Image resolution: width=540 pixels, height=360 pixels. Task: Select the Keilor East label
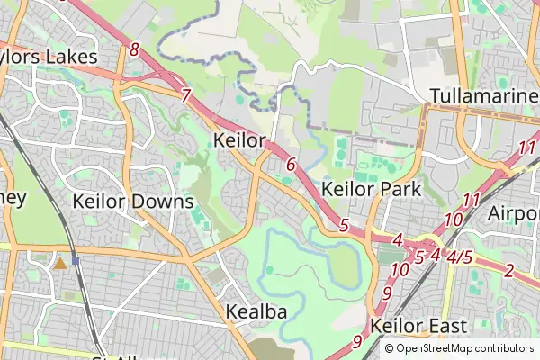(418, 326)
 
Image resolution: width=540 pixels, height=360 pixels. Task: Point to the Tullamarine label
(483, 95)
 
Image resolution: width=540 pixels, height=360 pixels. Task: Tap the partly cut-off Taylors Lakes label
(49, 57)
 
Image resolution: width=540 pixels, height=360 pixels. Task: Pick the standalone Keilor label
(240, 141)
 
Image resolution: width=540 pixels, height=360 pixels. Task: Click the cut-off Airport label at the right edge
(514, 213)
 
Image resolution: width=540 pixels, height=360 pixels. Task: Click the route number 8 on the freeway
(134, 49)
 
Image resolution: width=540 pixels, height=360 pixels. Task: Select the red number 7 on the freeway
(186, 95)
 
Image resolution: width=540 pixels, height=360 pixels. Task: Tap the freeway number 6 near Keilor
(290, 165)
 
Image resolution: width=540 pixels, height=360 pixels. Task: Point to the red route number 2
(509, 270)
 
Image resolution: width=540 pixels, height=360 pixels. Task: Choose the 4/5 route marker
(459, 256)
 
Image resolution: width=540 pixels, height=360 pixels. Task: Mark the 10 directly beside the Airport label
(454, 220)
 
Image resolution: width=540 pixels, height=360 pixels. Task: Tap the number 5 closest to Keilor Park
(344, 225)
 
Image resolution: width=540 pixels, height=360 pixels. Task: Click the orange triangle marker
(59, 263)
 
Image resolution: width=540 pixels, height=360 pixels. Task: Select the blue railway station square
(76, 261)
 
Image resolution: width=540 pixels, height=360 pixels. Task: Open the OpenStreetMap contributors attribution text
(464, 348)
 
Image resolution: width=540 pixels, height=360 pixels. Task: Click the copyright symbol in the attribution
(390, 348)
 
